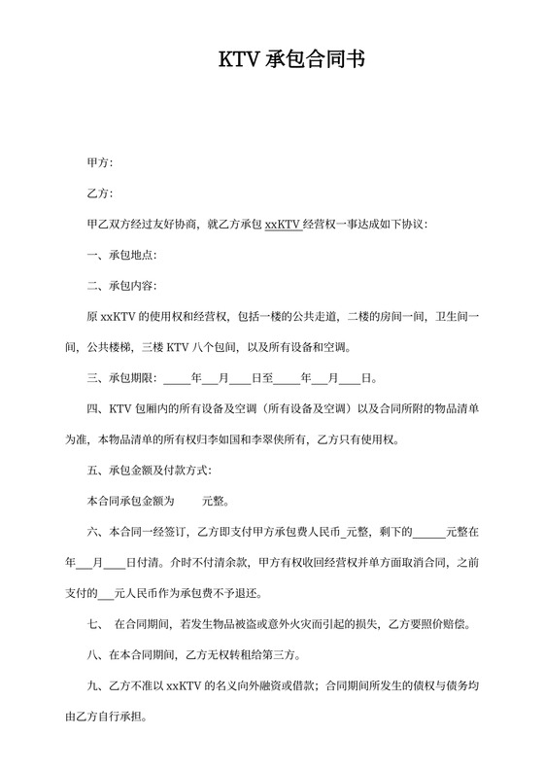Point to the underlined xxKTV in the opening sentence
point(281,225)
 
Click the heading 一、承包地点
point(121,256)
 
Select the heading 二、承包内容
point(121,286)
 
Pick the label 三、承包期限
point(121,378)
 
